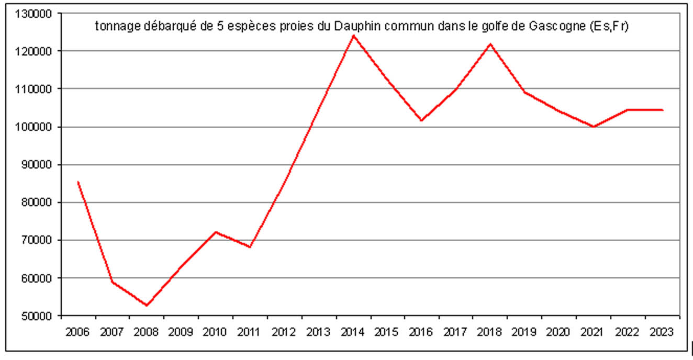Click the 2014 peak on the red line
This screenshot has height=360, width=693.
point(354,36)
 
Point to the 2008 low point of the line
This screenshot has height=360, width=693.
point(147,305)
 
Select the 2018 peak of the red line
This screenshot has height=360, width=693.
point(490,44)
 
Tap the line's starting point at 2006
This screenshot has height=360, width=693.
point(78,182)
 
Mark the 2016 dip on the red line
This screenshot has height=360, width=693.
point(422,120)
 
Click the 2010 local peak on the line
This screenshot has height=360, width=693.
point(216,232)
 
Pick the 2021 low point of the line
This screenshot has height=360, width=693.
point(594,127)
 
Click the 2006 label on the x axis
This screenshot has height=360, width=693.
point(78,332)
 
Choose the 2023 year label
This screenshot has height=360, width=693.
point(662,332)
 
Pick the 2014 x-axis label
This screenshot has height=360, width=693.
point(353,332)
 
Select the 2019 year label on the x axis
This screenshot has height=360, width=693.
point(524,332)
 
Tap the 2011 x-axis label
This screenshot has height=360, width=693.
point(250,332)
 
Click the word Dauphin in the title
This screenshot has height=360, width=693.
point(358,26)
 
